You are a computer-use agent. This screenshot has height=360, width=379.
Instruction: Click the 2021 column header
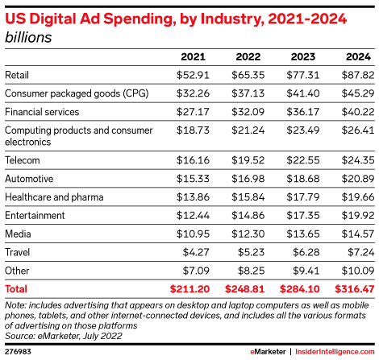(x=193, y=57)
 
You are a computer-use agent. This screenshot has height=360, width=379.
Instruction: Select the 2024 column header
(x=358, y=57)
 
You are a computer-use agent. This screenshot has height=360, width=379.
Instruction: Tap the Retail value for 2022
(x=248, y=75)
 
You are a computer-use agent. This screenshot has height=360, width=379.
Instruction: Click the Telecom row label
(x=23, y=160)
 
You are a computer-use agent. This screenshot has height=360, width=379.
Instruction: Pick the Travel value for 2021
(x=196, y=252)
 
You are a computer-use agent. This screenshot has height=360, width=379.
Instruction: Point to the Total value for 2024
(x=354, y=289)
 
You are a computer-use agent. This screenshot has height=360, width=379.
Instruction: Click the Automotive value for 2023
(x=303, y=179)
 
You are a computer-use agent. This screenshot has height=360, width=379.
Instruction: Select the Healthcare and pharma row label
(x=54, y=197)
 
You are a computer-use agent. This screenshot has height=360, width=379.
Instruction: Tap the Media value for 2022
(x=248, y=234)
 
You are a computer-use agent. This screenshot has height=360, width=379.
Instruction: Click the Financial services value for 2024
(x=358, y=112)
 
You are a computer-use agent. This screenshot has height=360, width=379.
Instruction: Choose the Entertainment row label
(x=35, y=215)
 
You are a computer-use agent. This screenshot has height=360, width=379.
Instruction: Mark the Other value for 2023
(x=306, y=271)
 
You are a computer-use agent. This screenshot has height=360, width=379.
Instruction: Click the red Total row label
(x=16, y=289)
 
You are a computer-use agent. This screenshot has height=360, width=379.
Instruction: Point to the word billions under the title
(x=28, y=37)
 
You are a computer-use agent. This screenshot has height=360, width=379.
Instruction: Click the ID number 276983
(x=18, y=352)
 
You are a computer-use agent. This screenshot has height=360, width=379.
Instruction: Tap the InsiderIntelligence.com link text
(x=335, y=352)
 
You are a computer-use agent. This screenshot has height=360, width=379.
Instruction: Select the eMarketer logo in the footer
(x=268, y=352)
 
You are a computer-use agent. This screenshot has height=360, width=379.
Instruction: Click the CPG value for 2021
(x=193, y=93)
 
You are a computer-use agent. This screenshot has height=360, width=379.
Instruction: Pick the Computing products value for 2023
(x=303, y=130)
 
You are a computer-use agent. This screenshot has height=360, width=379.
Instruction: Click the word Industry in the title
(x=232, y=19)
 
